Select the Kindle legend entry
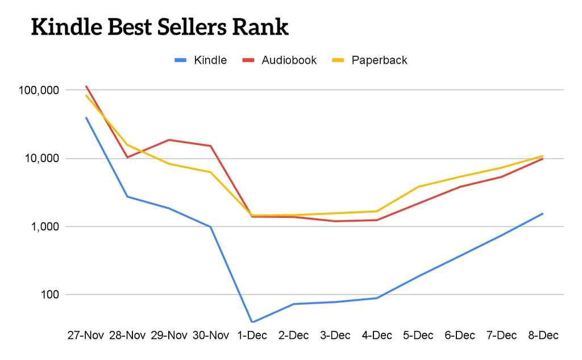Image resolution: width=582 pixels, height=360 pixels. coord(210,60)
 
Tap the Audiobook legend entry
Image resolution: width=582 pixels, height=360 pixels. coord(289,60)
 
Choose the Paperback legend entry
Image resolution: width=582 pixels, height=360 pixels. coord(379,60)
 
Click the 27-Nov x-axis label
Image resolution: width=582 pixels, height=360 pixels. coord(85,336)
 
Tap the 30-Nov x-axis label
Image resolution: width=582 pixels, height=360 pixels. coord(210,336)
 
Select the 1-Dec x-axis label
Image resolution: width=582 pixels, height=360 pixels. coord(252,336)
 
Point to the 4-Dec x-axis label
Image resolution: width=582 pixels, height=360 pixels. coord(377,336)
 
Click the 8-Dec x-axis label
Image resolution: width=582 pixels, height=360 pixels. coord(543,336)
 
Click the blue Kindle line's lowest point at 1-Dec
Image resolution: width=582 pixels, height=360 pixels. coord(252,322)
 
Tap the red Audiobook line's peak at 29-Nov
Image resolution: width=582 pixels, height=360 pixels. coord(169,140)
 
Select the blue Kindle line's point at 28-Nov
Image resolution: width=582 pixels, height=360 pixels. coord(127,197)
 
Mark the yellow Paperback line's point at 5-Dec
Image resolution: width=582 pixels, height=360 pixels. coord(418,187)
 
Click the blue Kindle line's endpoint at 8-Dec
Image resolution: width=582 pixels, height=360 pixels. coord(543,214)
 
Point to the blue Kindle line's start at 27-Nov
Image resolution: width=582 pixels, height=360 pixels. coord(86,118)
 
